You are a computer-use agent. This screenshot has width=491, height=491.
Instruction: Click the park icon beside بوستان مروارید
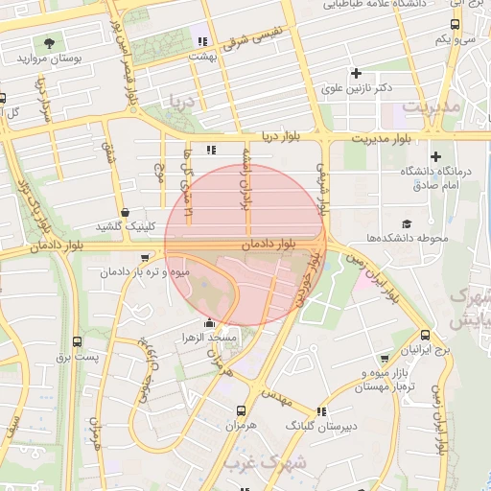pos(48,43)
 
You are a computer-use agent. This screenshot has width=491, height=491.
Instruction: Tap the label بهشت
pos(202,57)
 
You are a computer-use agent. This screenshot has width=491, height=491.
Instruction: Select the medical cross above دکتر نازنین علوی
pos(357,73)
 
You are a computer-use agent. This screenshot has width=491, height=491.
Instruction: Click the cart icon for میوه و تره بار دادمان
pos(145,258)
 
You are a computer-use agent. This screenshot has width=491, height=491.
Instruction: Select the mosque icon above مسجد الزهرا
pos(209,323)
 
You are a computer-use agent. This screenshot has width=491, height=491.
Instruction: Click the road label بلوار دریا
pos(282,137)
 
